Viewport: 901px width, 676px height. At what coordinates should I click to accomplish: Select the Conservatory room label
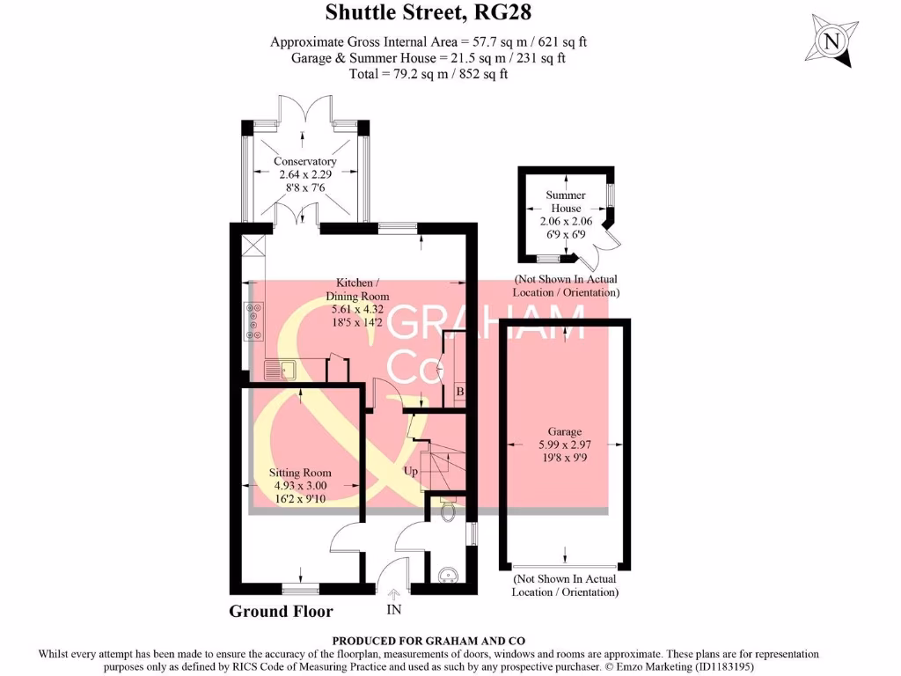pyautogui.click(x=304, y=161)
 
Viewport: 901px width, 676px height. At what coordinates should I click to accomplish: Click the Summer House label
pyautogui.click(x=565, y=202)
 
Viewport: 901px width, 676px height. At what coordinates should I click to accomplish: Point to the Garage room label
pyautogui.click(x=564, y=431)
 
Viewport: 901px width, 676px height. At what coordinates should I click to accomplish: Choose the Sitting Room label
pyautogui.click(x=300, y=473)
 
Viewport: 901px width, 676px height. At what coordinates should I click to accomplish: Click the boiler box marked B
pyautogui.click(x=458, y=391)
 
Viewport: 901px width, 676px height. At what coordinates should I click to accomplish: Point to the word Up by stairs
pyautogui.click(x=410, y=471)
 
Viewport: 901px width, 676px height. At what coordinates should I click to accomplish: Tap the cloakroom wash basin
pyautogui.click(x=448, y=576)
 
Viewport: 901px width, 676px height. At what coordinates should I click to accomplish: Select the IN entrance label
pyautogui.click(x=392, y=609)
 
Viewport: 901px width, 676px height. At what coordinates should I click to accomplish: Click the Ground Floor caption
pyautogui.click(x=281, y=611)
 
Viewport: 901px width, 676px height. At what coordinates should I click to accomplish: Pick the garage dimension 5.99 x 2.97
pyautogui.click(x=564, y=445)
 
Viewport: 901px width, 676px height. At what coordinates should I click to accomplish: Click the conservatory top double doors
pyautogui.click(x=304, y=109)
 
